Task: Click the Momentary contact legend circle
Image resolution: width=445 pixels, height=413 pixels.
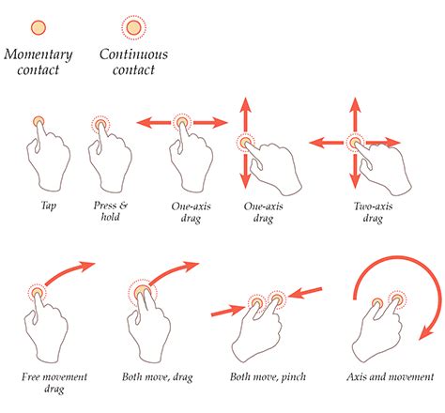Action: click(x=38, y=26)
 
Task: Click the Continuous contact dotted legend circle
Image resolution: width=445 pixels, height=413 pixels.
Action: click(x=133, y=27)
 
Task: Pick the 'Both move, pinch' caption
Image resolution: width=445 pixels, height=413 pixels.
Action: click(x=266, y=377)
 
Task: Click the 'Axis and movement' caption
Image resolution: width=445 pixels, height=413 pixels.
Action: click(x=386, y=377)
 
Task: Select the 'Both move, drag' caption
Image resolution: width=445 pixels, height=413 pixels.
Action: click(x=156, y=377)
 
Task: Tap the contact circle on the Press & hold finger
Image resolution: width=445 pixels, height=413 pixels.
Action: click(x=101, y=125)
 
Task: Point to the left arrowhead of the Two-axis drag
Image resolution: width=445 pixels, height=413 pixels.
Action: click(x=314, y=143)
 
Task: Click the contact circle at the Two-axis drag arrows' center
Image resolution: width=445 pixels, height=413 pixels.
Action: click(x=355, y=143)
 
